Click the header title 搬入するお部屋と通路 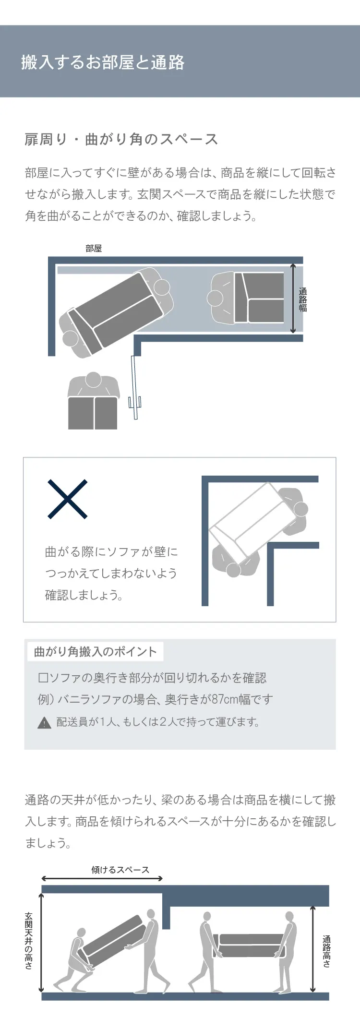(103, 62)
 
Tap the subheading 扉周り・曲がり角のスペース (121, 139)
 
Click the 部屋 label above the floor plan (94, 248)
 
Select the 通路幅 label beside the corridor (303, 299)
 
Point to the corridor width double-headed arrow (293, 298)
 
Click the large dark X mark (68, 499)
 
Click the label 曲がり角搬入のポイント (96, 651)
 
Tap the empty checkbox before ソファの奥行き (43, 678)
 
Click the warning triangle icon (44, 722)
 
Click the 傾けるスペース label (120, 870)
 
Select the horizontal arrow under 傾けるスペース (102, 878)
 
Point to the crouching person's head (81, 933)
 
